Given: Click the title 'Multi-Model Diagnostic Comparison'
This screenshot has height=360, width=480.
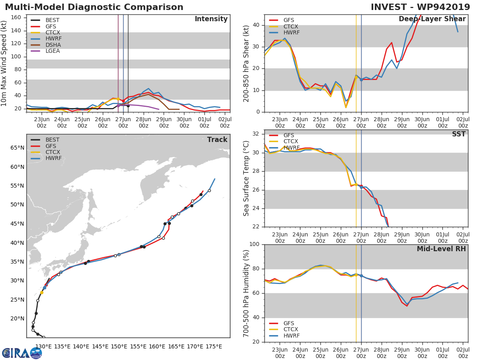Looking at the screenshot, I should [94, 7].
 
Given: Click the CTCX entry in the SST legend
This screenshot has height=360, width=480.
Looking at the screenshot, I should [290, 141].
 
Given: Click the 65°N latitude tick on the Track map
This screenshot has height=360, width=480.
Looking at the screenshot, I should [17, 148].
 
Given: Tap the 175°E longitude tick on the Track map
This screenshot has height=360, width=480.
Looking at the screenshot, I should [214, 346].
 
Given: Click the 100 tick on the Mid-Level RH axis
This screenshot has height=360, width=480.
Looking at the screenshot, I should [254, 244].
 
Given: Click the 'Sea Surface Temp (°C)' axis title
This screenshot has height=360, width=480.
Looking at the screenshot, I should [246, 178].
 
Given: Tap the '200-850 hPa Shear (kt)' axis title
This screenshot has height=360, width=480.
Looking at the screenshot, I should [246, 63].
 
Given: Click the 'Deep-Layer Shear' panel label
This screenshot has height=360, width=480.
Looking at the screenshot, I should [432, 19].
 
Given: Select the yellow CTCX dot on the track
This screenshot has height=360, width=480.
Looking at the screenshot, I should [42, 292].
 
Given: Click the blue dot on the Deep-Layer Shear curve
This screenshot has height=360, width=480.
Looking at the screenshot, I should [361, 80].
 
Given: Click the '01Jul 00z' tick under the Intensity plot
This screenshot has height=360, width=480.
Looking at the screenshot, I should [204, 122].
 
